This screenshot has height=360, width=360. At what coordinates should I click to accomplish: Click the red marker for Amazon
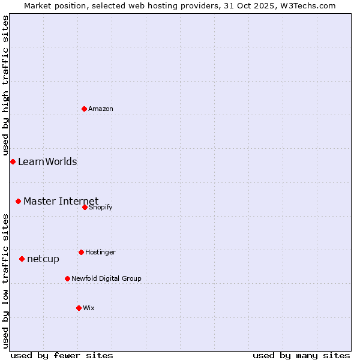(84, 109)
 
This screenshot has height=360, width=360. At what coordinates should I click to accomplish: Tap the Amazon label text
(101, 109)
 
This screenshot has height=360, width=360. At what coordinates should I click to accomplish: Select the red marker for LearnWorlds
(13, 161)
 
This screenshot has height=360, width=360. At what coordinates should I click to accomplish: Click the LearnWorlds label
(47, 162)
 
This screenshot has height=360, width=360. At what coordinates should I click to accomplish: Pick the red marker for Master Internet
(18, 201)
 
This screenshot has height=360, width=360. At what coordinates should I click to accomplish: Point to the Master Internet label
(61, 201)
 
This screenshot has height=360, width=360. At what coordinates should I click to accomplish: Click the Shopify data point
(85, 207)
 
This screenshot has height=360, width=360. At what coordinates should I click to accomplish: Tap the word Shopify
(100, 208)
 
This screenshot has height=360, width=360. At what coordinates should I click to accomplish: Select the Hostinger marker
(81, 252)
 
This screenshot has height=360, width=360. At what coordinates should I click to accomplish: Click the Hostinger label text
(100, 253)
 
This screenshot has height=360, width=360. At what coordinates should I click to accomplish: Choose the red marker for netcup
(22, 259)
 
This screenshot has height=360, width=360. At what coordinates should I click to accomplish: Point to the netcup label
(43, 259)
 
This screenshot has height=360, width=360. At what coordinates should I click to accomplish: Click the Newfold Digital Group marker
(67, 278)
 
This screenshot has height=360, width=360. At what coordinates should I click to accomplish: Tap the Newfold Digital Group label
(106, 279)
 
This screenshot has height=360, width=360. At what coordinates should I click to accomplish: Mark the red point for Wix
(79, 308)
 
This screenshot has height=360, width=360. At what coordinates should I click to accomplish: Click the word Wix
(89, 308)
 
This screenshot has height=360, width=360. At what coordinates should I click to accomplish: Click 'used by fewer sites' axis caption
(62, 356)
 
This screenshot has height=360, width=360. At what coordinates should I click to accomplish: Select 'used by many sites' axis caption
(301, 356)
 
